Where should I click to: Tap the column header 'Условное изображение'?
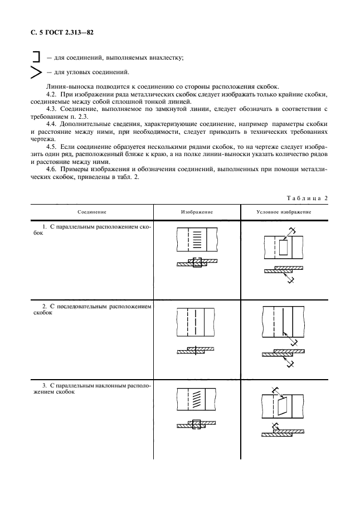coord(284,212)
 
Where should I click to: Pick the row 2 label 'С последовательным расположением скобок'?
coord(92,310)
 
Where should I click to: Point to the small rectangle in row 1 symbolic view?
coord(283,247)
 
